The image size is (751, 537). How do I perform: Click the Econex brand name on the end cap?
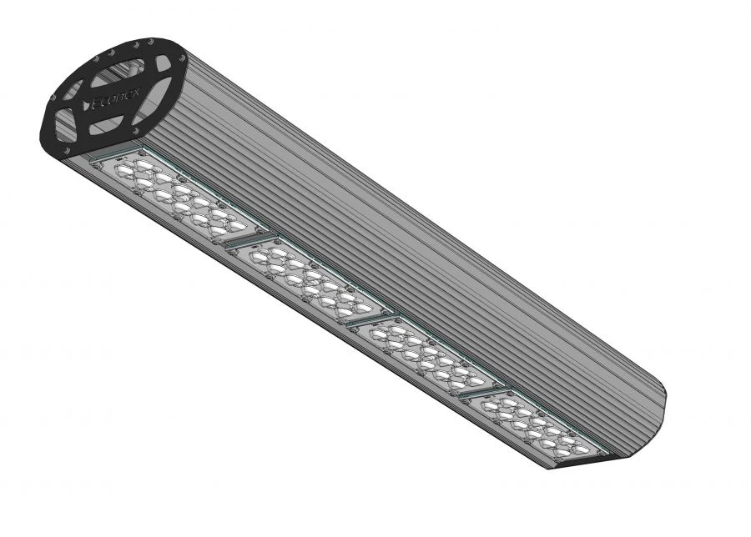[116, 101]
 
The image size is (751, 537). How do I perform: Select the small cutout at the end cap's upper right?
[164, 63]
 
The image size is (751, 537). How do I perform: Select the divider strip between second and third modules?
[368, 317]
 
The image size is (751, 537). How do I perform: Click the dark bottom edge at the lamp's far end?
[584, 464]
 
